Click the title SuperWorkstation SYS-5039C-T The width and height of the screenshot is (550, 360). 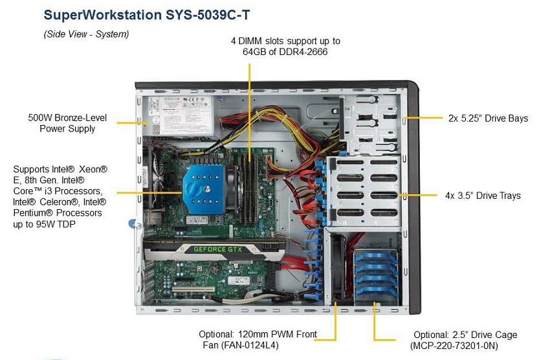click(147, 15)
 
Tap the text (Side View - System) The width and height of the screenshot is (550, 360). click(86, 34)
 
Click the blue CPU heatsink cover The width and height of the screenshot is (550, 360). click(203, 189)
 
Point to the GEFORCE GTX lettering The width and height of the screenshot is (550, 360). click(218, 249)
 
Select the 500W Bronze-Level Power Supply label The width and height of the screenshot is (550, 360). click(67, 123)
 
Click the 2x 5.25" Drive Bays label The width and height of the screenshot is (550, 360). click(489, 118)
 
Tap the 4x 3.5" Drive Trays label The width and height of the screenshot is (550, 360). click(483, 196)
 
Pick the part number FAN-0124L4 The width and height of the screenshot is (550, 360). click(249, 345)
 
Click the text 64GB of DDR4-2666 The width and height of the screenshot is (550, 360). click(285, 52)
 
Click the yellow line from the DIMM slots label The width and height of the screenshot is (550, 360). click(250, 112)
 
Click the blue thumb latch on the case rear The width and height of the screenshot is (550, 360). click(133, 223)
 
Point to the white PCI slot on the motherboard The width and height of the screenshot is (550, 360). click(193, 289)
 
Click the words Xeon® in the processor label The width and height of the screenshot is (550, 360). click(93, 169)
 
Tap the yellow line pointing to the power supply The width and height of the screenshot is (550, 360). click(132, 123)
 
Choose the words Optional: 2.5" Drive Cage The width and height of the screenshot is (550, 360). click(465, 335)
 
